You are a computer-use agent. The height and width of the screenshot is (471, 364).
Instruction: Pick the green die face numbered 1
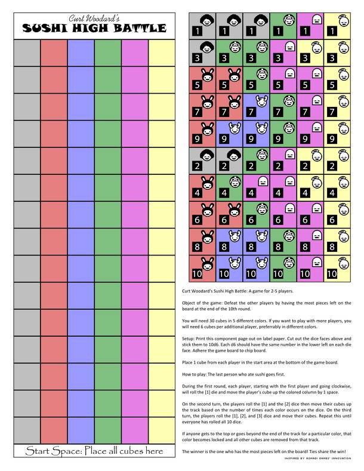[x=284, y=26]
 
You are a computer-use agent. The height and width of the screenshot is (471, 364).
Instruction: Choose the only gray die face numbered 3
[x=202, y=53]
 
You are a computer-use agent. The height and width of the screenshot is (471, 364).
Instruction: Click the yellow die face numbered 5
[x=339, y=79]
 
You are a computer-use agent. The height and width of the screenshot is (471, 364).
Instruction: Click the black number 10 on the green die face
[x=278, y=275]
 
